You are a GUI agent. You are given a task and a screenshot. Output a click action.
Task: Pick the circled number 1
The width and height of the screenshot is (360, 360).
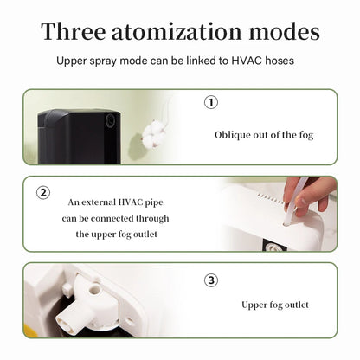click(210, 102)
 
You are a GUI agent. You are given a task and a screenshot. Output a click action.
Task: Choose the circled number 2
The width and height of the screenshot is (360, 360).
click(42, 192)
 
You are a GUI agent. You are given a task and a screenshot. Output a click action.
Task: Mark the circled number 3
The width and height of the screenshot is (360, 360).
click(210, 280)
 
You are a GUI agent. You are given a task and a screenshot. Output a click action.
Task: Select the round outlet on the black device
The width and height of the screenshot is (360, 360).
click(110, 121)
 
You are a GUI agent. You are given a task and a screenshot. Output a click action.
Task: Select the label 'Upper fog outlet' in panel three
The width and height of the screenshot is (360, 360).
click(274, 305)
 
